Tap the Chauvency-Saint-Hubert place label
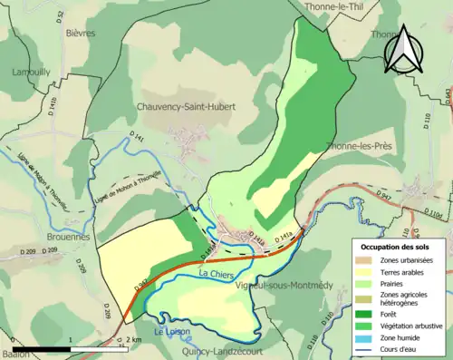tap(186, 106)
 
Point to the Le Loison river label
tap(169, 332)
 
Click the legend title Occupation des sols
tap(397, 247)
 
